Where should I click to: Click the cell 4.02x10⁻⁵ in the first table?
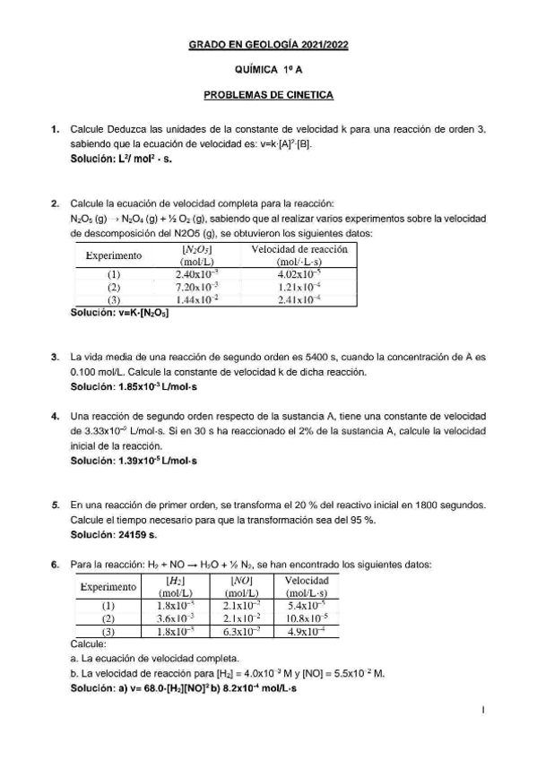[x=299, y=273]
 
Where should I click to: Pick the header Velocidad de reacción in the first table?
[x=299, y=248]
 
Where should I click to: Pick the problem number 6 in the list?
[x=55, y=565]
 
